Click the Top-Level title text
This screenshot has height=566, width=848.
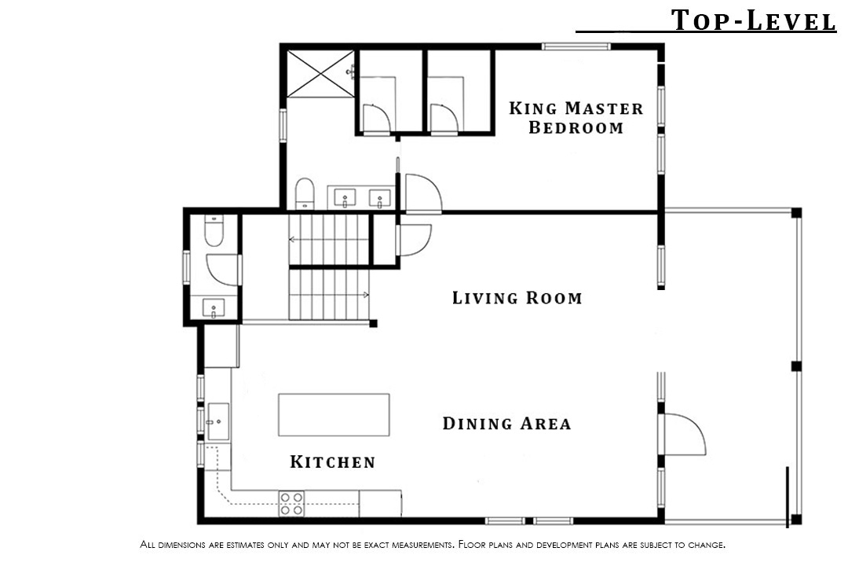[x=753, y=20]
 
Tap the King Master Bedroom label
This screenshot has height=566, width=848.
[x=576, y=118]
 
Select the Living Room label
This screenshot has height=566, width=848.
[x=517, y=297]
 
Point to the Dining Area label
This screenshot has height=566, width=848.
[x=506, y=423]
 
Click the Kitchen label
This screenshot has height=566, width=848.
[x=333, y=461]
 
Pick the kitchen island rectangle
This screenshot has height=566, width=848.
[x=334, y=415]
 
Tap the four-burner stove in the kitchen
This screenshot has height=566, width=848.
[x=291, y=504]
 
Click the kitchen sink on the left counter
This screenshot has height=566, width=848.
[x=218, y=421]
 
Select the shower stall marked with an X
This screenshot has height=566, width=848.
[x=320, y=74]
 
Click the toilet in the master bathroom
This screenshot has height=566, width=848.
[x=305, y=193]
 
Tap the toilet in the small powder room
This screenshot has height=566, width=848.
[x=214, y=230]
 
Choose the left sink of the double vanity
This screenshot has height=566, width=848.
[x=345, y=197]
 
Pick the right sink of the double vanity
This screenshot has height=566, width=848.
[x=380, y=197]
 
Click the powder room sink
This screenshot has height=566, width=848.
[x=214, y=308]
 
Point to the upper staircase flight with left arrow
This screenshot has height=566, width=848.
[x=329, y=239]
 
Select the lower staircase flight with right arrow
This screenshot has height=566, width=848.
[x=329, y=295]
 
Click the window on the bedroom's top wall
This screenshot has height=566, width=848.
[x=576, y=46]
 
